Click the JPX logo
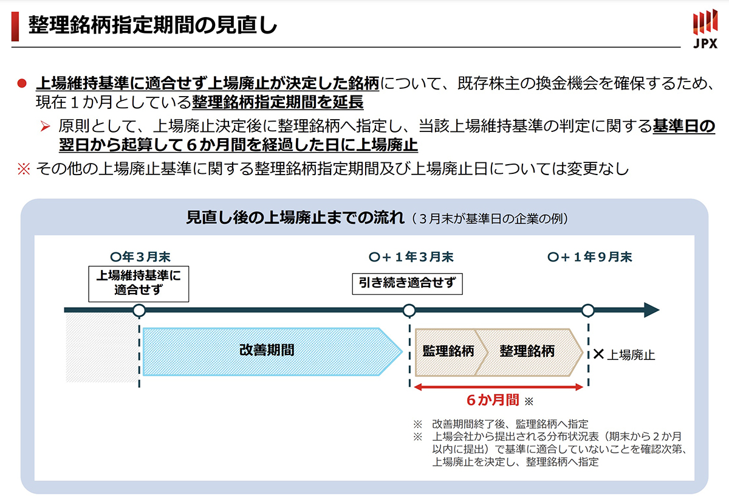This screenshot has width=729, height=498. (705, 29)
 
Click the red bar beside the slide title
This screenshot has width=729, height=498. (15, 27)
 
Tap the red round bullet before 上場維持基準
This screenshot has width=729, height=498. (22, 83)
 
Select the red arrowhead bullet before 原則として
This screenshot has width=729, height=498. (45, 126)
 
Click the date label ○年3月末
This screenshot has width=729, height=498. (140, 257)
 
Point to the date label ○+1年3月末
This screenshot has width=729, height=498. (411, 257)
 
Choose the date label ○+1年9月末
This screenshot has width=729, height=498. (590, 257)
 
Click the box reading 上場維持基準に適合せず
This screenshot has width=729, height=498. (139, 284)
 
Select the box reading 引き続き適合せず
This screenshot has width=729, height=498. (407, 284)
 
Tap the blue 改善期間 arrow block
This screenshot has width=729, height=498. (273, 351)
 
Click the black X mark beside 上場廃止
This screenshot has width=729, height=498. (598, 354)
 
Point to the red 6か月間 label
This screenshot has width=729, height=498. (493, 400)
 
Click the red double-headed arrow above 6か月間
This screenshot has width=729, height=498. (499, 387)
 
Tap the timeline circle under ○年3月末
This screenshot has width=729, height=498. (139, 310)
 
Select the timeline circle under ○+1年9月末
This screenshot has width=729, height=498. (588, 310)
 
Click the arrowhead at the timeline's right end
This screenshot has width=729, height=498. (652, 310)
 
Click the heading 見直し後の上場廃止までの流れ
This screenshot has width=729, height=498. (295, 218)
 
